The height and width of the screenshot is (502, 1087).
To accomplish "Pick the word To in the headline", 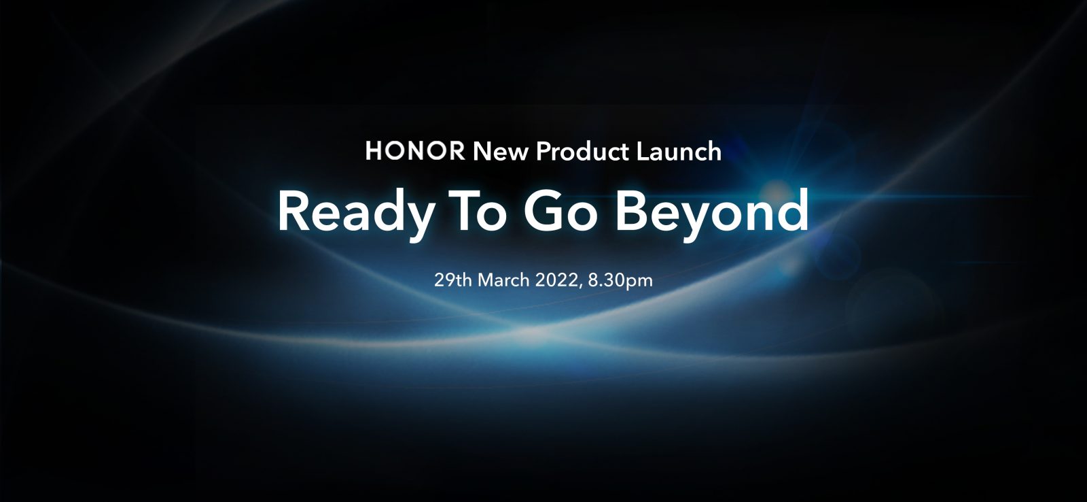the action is coord(478,212).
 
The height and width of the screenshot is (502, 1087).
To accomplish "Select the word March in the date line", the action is coord(503,280).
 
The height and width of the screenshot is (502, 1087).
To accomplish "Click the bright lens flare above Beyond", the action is coord(775,192).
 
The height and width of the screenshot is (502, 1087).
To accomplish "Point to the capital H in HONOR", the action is coord(374,150).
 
